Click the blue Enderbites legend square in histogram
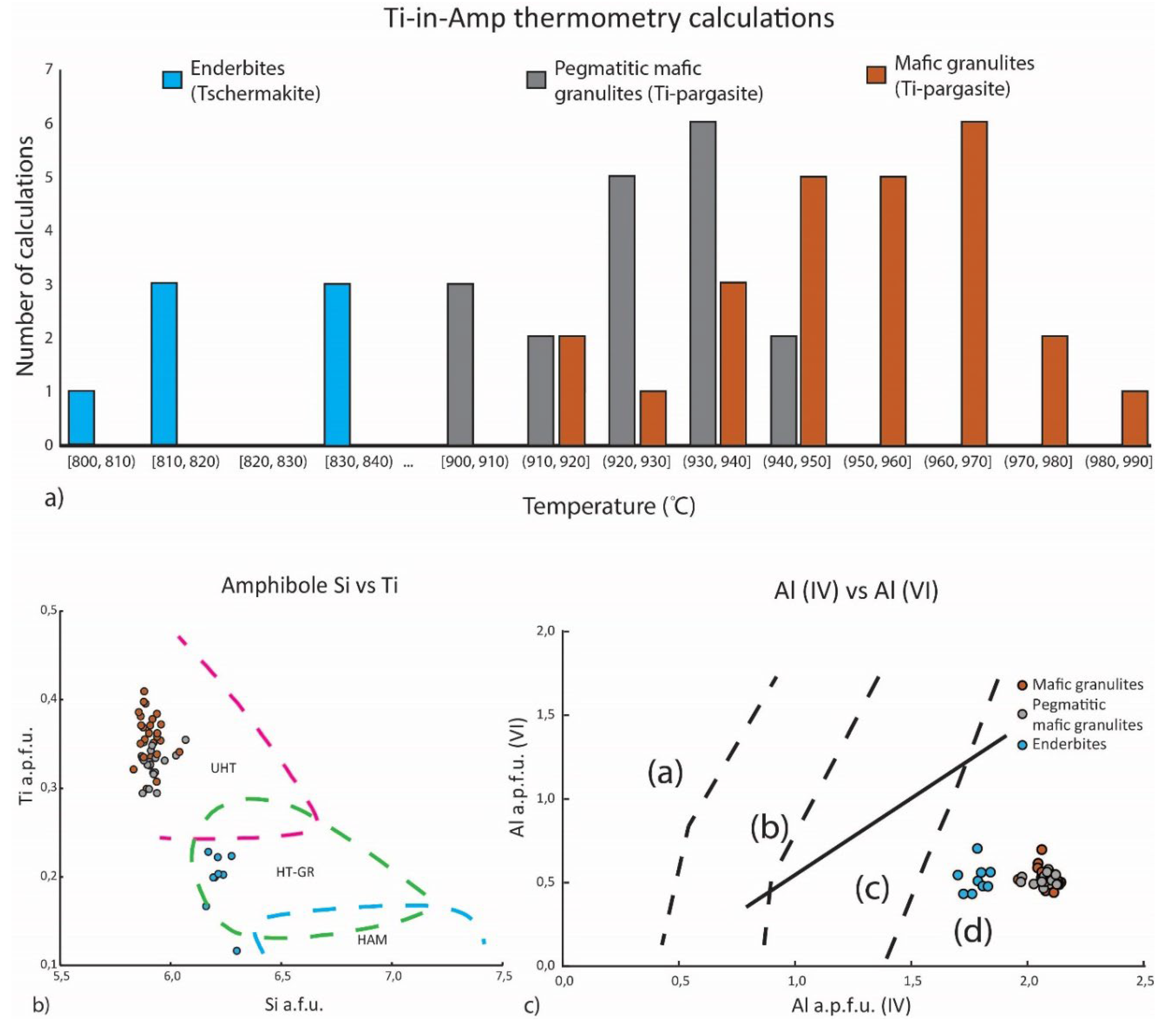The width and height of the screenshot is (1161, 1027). (172, 80)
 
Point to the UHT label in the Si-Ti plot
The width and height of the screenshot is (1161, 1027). (223, 768)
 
